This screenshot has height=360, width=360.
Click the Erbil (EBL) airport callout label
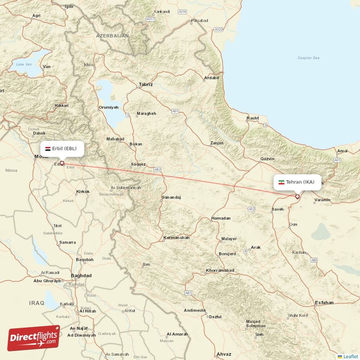pyautogui.click(x=62, y=148)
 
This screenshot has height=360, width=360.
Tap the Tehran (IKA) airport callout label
pyautogui.click(x=298, y=182)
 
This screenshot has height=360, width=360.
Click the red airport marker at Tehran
pyautogui.click(x=297, y=197)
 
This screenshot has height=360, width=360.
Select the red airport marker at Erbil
pyautogui.click(x=62, y=164)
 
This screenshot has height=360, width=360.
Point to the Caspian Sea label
pyautogui.click(x=308, y=58)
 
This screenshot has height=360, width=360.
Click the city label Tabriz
pyautogui.click(x=146, y=84)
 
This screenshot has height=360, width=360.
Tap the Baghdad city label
pyautogui.click(x=81, y=275)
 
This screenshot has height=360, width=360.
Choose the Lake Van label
pyautogui.click(x=23, y=64)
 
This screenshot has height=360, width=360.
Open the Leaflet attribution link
pyautogui.click(x=349, y=356)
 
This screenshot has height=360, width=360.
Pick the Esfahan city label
pyautogui.click(x=324, y=302)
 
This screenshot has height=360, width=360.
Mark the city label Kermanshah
pyautogui.click(x=176, y=237)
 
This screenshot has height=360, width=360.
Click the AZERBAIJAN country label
pyautogui.click(x=112, y=35)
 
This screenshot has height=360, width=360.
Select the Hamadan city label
pyautogui.click(x=220, y=218)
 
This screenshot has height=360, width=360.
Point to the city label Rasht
pyautogui.click(x=253, y=118)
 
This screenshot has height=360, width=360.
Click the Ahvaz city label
pyautogui.click(x=224, y=354)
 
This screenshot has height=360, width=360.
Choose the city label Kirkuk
pyautogui.click(x=83, y=192)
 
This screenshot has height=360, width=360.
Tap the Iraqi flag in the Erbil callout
pyautogui.click(x=48, y=148)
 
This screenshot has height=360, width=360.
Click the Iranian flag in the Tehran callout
pyautogui.click(x=282, y=182)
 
